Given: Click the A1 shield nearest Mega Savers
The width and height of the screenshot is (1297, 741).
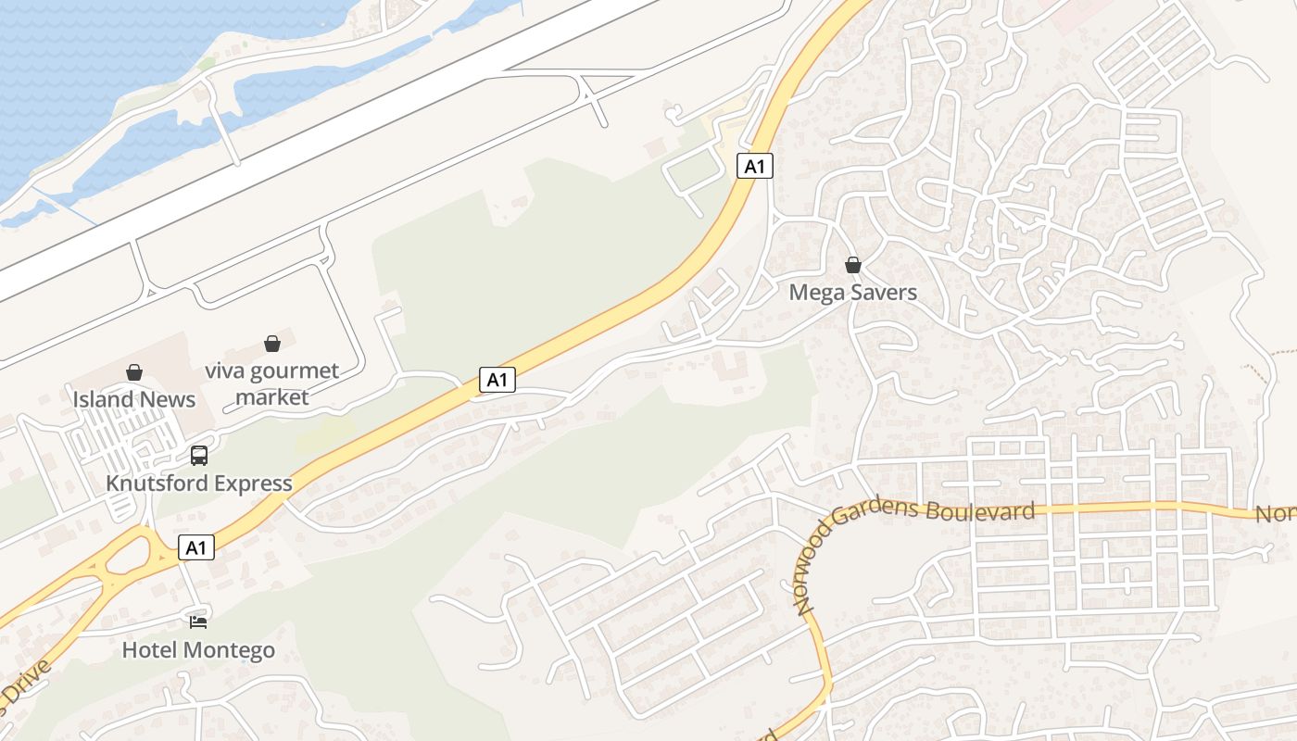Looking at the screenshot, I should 755,166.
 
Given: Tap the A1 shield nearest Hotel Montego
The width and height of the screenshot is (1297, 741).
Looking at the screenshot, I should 195,547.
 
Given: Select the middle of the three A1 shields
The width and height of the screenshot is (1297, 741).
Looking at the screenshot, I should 497,379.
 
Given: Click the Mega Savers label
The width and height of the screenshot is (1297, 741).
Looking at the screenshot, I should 852,293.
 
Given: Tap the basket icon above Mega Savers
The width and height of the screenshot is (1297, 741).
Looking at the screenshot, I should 853,266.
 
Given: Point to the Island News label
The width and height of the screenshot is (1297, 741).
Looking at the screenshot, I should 134,399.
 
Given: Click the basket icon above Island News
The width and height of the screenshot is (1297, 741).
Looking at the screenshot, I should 134,372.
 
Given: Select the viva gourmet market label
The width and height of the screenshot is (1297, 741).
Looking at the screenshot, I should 271,384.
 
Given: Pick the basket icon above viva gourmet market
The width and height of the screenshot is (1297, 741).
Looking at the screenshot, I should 272,345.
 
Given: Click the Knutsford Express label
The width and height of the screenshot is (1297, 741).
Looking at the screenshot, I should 198,484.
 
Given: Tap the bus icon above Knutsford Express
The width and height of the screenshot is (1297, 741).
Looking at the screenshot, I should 198,456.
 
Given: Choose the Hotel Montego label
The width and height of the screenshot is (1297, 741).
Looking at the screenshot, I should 198,650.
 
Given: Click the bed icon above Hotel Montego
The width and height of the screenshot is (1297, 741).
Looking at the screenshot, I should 198,622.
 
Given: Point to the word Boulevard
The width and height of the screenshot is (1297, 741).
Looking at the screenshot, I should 981,511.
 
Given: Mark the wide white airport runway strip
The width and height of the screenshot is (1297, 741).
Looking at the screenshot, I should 324,148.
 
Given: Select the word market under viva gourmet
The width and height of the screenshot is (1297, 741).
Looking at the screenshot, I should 271,397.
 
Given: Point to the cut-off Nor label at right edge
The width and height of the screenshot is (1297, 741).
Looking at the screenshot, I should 1277,514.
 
